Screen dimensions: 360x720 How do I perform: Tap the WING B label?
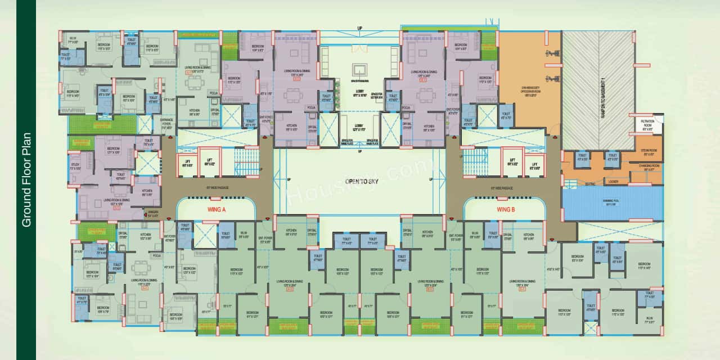point(506,210)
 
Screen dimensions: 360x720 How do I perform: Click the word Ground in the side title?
point(26,207)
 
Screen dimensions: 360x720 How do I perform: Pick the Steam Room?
point(649,152)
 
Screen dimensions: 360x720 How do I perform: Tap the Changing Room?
point(649,168)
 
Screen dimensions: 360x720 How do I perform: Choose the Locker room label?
point(613,181)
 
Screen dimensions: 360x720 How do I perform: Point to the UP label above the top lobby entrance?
point(359,28)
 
